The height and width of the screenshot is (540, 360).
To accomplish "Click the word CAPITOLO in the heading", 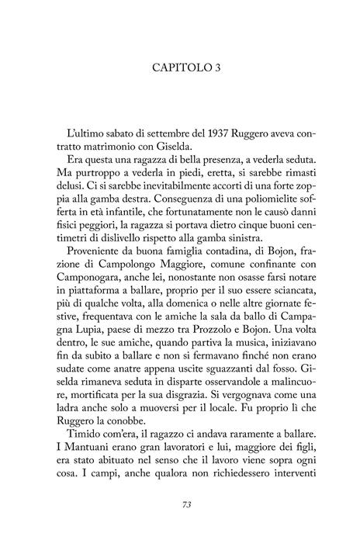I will [x=173, y=67].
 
